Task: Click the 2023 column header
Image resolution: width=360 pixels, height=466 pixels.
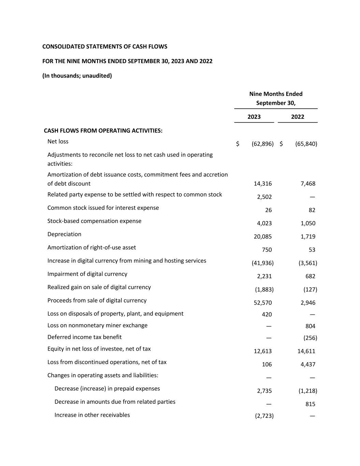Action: pyautogui.click(x=254, y=117)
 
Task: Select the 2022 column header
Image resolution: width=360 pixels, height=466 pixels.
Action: pyautogui.click(x=298, y=117)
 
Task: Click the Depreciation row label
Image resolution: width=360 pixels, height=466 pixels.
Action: pyautogui.click(x=64, y=234)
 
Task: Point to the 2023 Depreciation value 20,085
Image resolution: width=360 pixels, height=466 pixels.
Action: pyautogui.click(x=263, y=237)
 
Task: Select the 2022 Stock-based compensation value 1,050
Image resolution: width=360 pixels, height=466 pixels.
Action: pyautogui.click(x=308, y=223)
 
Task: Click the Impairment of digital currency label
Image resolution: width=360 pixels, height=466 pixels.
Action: pyautogui.click(x=87, y=274)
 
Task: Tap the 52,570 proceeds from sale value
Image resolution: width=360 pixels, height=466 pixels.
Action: pyautogui.click(x=263, y=303)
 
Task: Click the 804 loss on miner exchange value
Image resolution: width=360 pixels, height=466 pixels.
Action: pyautogui.click(x=310, y=326)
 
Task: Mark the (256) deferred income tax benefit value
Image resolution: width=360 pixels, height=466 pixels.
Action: pyautogui.click(x=310, y=338)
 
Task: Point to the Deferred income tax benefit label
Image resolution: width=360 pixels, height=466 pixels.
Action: pyautogui.click(x=84, y=337)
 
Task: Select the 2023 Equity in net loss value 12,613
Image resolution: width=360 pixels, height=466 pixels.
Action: pyautogui.click(x=263, y=351)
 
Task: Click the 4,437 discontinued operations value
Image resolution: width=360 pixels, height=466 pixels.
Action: pyautogui.click(x=308, y=364)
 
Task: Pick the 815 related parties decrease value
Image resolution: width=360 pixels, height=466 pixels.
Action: pyautogui.click(x=310, y=404)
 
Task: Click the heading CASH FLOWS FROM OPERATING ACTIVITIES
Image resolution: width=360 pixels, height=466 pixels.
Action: pyautogui.click(x=103, y=130)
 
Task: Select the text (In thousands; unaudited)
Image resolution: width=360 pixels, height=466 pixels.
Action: pyautogui.click(x=77, y=75)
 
